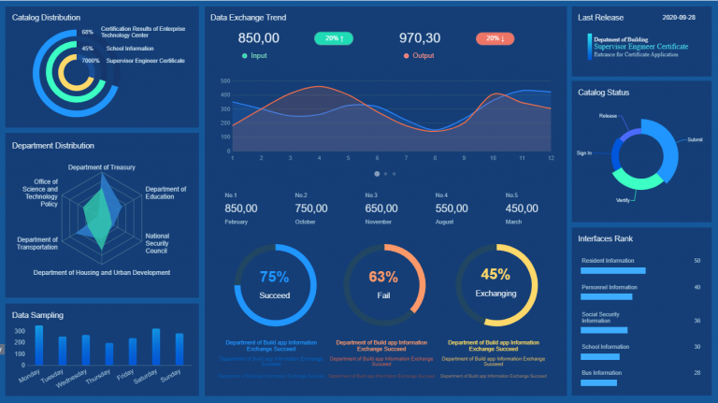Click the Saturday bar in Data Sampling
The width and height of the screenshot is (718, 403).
click(x=156, y=347)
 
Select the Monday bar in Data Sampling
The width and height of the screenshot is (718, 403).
click(x=39, y=345)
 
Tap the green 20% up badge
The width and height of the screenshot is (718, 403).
click(x=334, y=38)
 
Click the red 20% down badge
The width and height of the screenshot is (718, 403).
click(x=495, y=38)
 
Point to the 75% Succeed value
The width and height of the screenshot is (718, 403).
click(x=274, y=277)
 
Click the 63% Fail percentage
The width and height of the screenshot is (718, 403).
click(x=383, y=277)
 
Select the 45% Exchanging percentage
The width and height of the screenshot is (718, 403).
click(x=495, y=275)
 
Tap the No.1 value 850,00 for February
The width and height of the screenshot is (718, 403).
click(x=241, y=209)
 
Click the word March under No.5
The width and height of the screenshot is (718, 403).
click(x=515, y=223)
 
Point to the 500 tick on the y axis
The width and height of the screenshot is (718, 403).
click(x=224, y=81)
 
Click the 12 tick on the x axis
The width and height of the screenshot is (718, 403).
click(x=551, y=158)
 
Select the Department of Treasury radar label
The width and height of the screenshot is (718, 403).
click(x=102, y=167)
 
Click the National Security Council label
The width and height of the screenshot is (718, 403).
click(x=157, y=244)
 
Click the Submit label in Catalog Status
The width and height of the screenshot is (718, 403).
click(x=694, y=139)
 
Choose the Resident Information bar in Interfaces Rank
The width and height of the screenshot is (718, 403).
click(x=613, y=270)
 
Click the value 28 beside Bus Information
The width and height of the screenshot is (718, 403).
click(x=696, y=373)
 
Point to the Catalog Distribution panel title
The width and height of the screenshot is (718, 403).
click(x=46, y=18)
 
